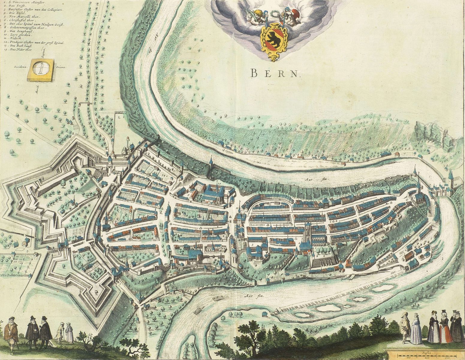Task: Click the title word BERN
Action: (x=275, y=73)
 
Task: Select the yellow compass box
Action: (x=41, y=70)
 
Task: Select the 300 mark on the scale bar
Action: (x=447, y=358)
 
